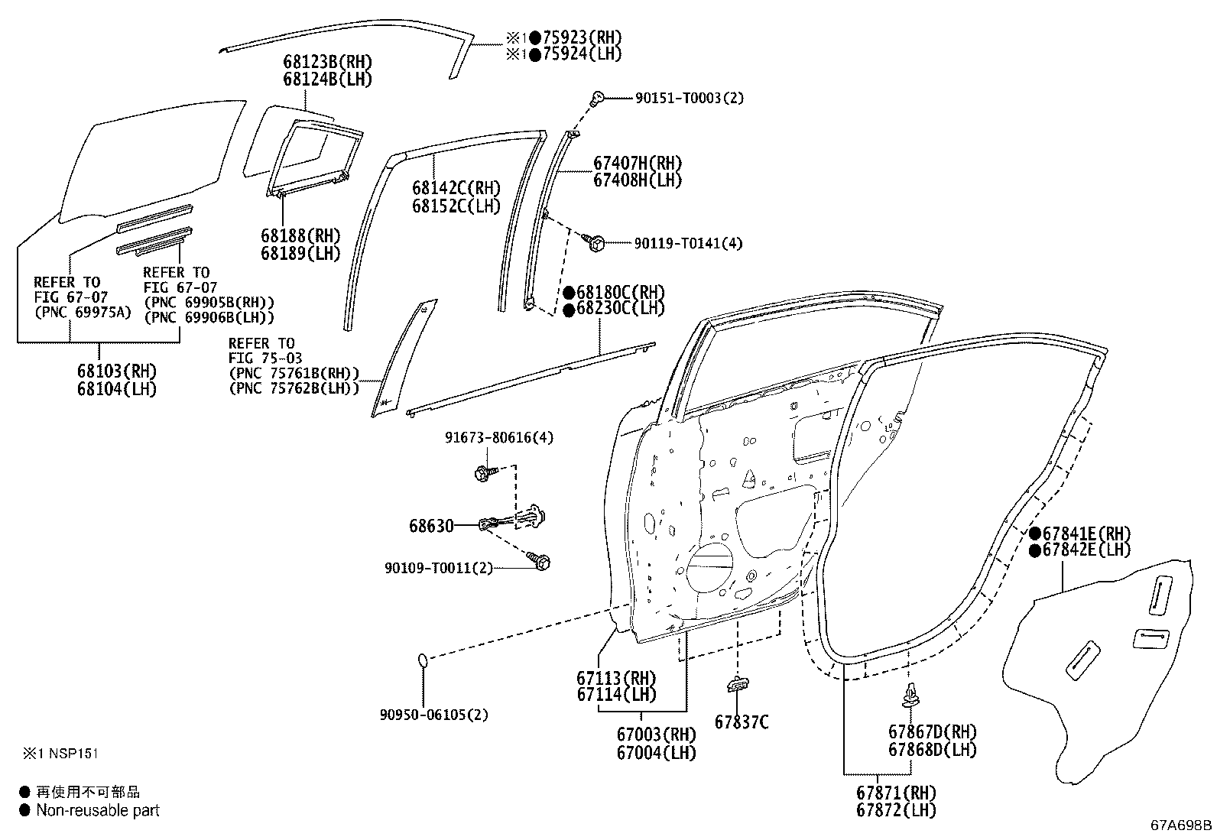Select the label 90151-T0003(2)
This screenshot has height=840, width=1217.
tap(689, 98)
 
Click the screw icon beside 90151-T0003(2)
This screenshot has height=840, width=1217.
tap(597, 97)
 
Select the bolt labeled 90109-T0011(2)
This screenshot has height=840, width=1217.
tap(540, 562)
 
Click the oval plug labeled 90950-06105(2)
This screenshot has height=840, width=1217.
tap(424, 660)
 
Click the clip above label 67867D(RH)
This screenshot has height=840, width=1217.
tap(910, 696)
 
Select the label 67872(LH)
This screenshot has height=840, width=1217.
tap(896, 810)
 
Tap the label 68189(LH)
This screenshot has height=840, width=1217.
tap(300, 253)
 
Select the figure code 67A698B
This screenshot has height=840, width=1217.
tap(1181, 825)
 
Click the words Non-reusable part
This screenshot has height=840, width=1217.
tap(98, 811)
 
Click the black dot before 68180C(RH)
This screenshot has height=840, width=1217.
tap(569, 293)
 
